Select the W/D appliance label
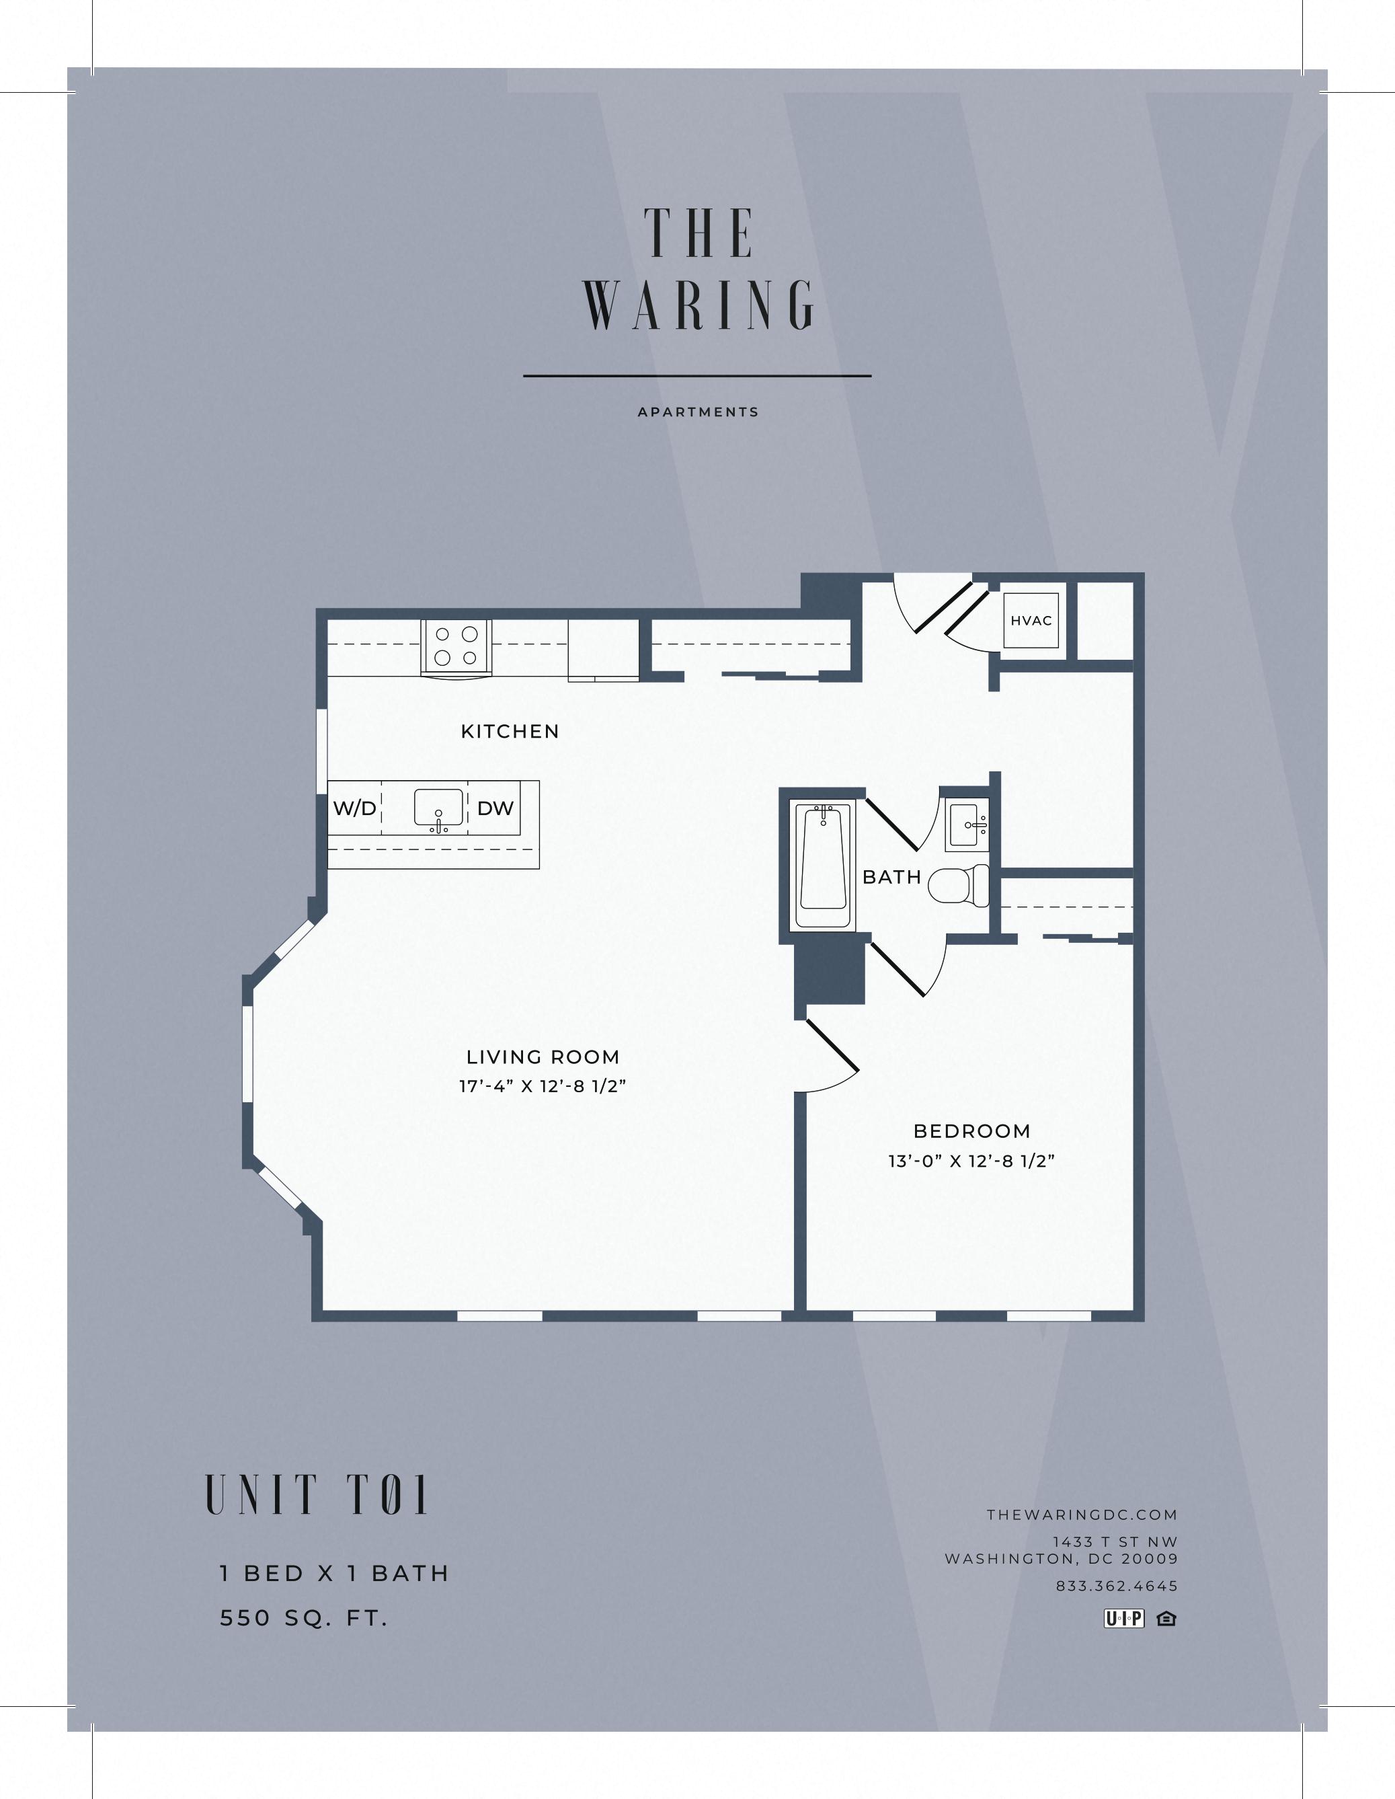tap(354, 808)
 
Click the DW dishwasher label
tap(495, 808)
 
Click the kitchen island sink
tap(438, 810)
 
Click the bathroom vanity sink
tap(967, 825)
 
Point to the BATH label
tap(891, 877)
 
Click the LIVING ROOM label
tap(543, 1057)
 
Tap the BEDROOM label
tap(971, 1131)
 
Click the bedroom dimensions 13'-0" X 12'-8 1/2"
tap(971, 1161)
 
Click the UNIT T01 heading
tap(317, 1495)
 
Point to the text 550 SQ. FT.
tap(303, 1618)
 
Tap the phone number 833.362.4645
tap(1116, 1586)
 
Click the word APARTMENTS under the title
tap(698, 412)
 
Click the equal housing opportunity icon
tap(1166, 1619)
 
